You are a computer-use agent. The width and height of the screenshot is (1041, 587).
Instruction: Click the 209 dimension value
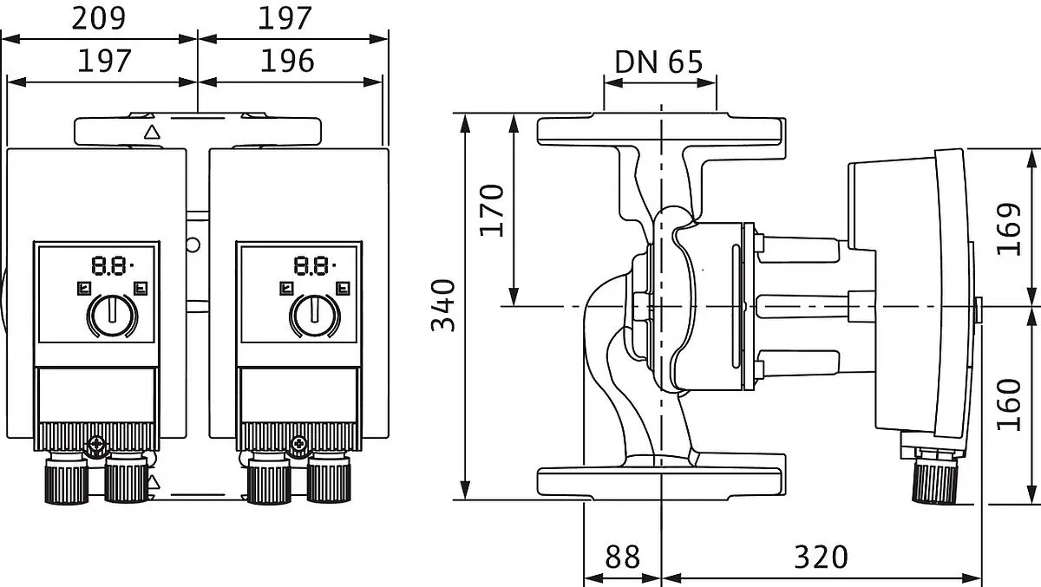[x=99, y=18]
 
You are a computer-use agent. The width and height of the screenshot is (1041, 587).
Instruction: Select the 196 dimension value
[x=287, y=62]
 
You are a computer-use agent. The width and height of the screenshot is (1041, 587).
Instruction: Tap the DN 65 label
[x=658, y=62]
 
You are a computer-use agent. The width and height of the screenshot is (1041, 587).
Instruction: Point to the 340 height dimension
[x=443, y=305]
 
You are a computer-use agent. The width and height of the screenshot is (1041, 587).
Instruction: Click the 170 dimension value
[x=492, y=211]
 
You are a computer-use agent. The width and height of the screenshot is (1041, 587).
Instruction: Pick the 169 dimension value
[x=1009, y=229]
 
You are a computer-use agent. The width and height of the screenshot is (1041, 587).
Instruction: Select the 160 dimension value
[x=1009, y=405]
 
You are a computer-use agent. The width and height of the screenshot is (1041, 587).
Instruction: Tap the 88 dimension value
[x=622, y=557]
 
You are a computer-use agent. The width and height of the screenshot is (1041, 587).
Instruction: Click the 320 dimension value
[x=822, y=557]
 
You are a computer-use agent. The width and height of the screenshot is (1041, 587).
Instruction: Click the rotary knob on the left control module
[x=112, y=316]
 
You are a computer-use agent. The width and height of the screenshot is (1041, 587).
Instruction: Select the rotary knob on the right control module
[x=315, y=316]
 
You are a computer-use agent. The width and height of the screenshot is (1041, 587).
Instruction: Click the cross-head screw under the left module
[x=96, y=445]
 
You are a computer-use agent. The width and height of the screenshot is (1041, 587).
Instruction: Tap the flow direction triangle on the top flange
[x=152, y=133]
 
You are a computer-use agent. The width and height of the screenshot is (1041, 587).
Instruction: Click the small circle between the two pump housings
[x=193, y=245]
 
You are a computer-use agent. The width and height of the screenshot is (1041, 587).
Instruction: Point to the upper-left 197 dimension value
[x=104, y=62]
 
